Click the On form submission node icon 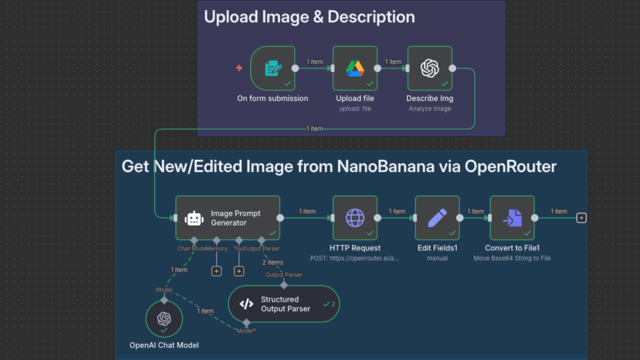pos(273,68)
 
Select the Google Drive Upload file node pos(354,68)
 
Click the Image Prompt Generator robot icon pos(194,218)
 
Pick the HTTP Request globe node pos(354,217)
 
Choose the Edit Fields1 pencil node pos(437,217)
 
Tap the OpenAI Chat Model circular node pos(164,318)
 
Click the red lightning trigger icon pos(238,68)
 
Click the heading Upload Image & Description pos(309,17)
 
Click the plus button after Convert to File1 pos(581,217)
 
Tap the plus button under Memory pos(216,271)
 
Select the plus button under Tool pos(238,271)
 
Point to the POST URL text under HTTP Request pos(354,258)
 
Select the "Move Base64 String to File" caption pos(513,258)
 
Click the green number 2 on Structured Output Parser pos(334,304)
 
